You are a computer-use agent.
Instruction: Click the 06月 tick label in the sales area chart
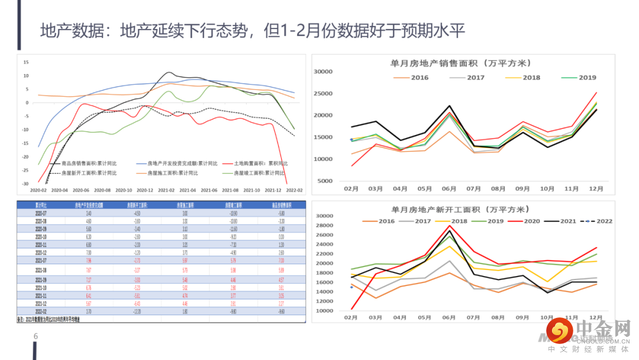(x=448, y=188)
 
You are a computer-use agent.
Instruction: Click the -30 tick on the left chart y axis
(x=25, y=184)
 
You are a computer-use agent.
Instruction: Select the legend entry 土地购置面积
(x=261, y=163)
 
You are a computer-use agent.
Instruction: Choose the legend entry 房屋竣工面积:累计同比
(x=260, y=173)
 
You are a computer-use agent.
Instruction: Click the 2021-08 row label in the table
(x=41, y=269)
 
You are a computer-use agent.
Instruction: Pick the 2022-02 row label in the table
(x=41, y=311)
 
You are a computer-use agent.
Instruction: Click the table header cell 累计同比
(x=41, y=205)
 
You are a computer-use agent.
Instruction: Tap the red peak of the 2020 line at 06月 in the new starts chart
(x=449, y=226)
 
